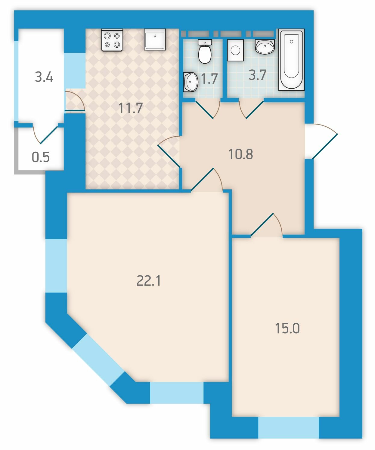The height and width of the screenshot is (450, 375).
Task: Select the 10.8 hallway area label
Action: [240, 154]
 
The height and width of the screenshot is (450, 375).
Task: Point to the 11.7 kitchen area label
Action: [131, 108]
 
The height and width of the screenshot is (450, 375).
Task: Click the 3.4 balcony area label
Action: [44, 77]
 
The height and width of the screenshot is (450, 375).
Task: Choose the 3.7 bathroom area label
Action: [257, 75]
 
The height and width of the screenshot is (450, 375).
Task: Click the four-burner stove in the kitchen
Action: [112, 40]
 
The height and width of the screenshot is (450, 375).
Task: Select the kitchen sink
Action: [155, 40]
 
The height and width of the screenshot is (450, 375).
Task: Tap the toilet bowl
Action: [205, 51]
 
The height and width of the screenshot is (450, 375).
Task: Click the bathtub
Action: [291, 59]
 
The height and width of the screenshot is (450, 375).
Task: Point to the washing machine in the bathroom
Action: [235, 50]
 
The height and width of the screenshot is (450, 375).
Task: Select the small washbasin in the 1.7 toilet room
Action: [191, 82]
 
